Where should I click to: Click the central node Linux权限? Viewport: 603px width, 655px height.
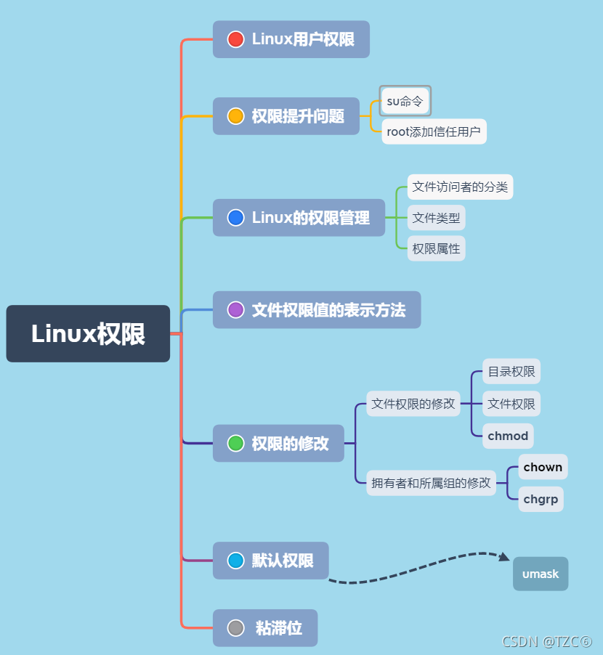coord(88,334)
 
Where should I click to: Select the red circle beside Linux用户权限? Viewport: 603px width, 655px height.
coord(235,39)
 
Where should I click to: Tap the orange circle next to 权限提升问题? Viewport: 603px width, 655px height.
coord(235,116)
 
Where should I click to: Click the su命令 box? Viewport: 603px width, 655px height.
coord(405,101)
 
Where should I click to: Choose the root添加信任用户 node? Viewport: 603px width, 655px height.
coord(434,131)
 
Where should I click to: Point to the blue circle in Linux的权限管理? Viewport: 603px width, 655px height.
coord(235,217)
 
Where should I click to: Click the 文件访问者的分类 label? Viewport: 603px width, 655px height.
coord(460,187)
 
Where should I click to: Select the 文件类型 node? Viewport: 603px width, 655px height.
coord(436,217)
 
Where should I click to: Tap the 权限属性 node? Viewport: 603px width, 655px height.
coord(436,248)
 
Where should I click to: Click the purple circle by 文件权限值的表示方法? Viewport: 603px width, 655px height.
coord(235,310)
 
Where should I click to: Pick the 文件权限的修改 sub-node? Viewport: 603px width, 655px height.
coord(413,404)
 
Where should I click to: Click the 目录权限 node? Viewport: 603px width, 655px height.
coord(511,372)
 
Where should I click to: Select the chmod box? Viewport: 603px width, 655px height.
coord(508,436)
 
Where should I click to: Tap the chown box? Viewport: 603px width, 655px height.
coord(543,467)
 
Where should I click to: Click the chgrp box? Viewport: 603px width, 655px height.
coord(541,499)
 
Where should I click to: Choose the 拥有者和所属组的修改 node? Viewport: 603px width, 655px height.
coord(432,482)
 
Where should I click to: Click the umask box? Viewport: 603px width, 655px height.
coord(541,574)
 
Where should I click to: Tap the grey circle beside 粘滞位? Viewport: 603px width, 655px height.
coord(235,628)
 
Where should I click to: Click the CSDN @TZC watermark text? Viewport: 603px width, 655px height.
coord(547,642)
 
